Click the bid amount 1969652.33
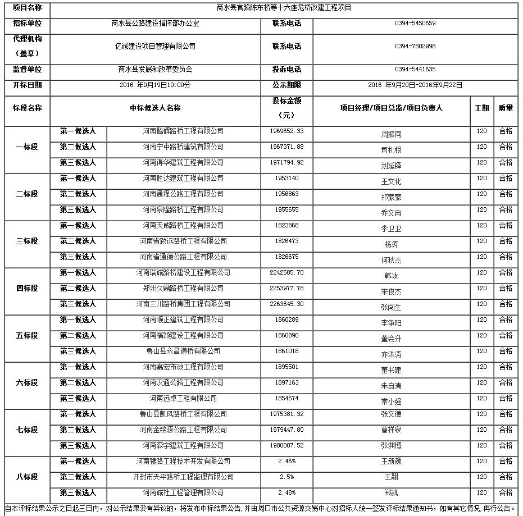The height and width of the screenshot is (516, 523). point(286,131)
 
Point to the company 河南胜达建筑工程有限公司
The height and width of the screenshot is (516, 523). point(183,178)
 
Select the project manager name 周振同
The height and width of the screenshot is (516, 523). point(391,135)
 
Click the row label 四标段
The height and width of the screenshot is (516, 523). point(27,288)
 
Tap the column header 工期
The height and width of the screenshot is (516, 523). point(481,108)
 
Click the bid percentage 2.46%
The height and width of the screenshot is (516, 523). point(286,461)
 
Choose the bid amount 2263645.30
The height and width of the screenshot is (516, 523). point(286,304)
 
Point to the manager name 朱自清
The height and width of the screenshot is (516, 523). point(391,386)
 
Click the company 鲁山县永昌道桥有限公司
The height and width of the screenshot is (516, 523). point(183,351)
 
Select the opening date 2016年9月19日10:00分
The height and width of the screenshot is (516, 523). point(156,85)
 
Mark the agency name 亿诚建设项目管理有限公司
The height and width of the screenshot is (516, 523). point(156,47)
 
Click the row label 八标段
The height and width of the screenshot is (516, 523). point(27,477)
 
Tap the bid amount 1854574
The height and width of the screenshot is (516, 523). point(286,398)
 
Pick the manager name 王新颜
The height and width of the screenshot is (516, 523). point(391,462)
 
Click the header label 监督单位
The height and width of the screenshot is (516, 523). point(27,70)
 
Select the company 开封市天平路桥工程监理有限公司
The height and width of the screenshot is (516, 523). point(183,477)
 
